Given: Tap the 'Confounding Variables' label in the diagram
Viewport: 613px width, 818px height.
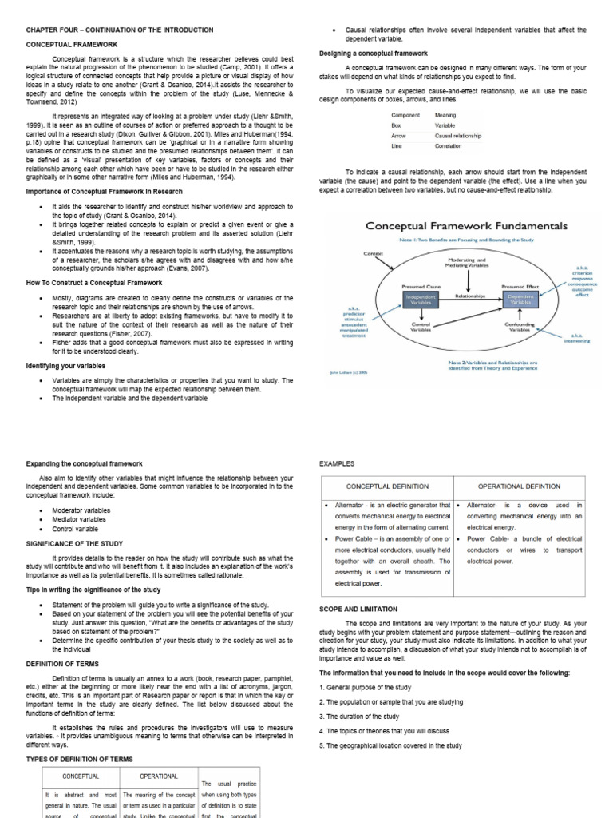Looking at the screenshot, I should coord(520,326).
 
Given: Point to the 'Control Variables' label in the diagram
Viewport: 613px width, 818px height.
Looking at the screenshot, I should coord(421,326).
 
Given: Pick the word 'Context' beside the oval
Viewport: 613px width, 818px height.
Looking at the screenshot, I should coord(374,253).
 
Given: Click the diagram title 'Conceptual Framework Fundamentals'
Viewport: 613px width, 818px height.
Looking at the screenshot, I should coord(466,226).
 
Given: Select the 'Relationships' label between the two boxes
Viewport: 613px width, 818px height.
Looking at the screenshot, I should coord(470,295).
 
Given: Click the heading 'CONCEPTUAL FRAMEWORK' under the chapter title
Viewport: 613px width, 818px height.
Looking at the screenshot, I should coord(73,45).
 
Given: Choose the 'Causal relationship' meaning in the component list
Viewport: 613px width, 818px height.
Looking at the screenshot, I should coord(458,137).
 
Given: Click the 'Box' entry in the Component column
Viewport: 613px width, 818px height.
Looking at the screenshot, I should coord(396,126).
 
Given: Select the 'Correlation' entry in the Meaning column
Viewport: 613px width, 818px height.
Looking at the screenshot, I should coord(448,147).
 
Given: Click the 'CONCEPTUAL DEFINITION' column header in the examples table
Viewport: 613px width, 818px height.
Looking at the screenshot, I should coord(387,486).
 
